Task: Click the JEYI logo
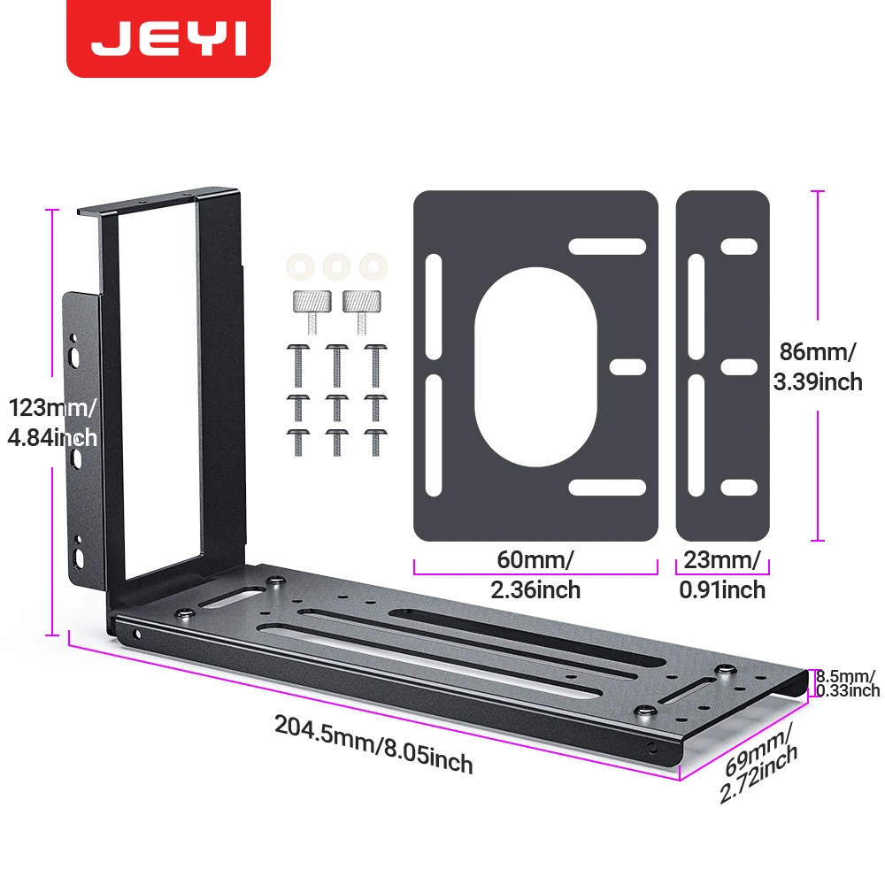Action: click(x=168, y=38)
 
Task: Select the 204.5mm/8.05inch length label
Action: click(x=373, y=744)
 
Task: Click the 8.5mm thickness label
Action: click(x=848, y=683)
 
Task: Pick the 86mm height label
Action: click(x=818, y=367)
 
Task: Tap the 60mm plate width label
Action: click(x=535, y=575)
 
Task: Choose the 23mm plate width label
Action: click(x=722, y=575)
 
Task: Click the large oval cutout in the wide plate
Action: click(x=535, y=367)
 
